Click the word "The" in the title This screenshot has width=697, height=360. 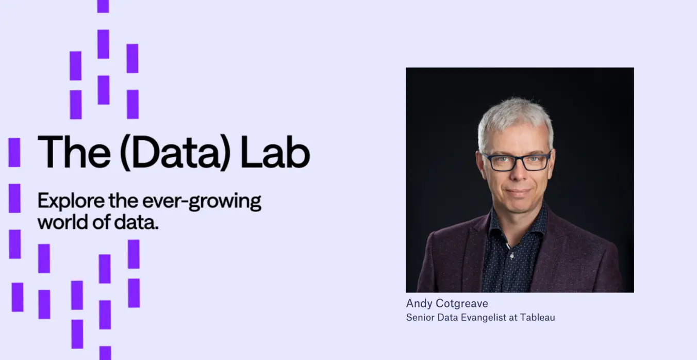coord(74,152)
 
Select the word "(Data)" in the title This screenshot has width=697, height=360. coord(175,153)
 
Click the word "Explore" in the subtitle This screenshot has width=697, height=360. coord(71,201)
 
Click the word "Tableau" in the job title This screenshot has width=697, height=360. coord(537,317)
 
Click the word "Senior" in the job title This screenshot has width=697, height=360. coord(420,317)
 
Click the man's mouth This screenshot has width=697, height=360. coord(518,191)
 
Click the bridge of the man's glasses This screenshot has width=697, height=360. coord(518,159)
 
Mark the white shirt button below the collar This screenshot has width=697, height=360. coord(512,256)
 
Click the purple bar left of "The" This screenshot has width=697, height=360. coord(14,152)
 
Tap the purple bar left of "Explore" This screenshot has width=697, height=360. coord(14,199)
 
